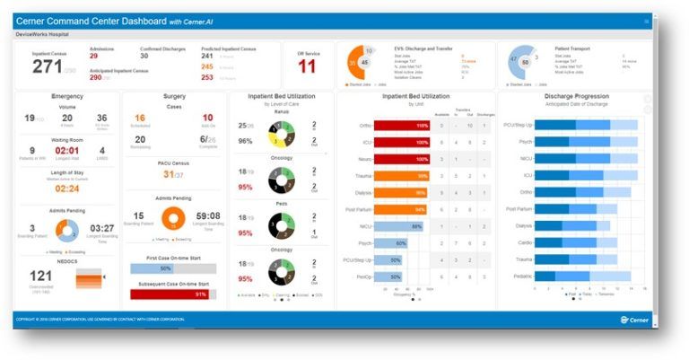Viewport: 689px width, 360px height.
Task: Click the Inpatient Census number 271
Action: pos(47,66)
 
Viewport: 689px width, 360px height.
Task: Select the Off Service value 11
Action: pos(307,66)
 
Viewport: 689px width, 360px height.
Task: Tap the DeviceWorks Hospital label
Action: pos(43,33)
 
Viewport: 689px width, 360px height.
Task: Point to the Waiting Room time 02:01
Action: pos(66,151)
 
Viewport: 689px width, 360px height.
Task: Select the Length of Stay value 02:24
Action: pos(67,189)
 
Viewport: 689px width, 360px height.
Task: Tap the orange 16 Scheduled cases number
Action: pos(140,118)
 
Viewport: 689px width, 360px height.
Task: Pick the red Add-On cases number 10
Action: pos(207,118)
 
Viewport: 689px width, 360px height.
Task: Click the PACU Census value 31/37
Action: pos(174,174)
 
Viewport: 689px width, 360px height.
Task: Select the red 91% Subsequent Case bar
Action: pos(176,294)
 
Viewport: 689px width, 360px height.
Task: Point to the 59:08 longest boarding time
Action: pos(208,215)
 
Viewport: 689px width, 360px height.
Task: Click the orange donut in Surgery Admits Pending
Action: pos(174,219)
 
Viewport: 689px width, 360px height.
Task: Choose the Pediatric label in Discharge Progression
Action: pos(521,277)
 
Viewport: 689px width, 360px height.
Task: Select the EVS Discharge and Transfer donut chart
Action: pos(362,64)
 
